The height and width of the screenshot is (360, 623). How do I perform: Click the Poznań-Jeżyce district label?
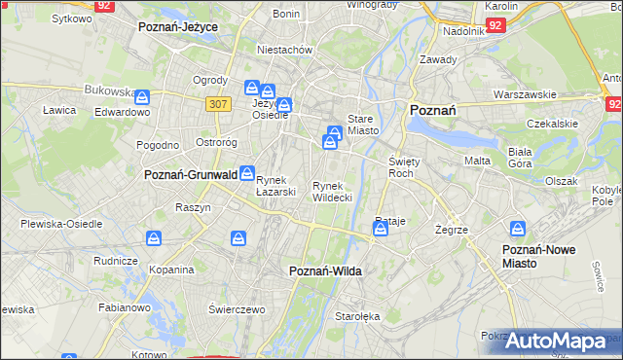[178, 27]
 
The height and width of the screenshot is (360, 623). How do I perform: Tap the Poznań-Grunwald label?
[191, 175]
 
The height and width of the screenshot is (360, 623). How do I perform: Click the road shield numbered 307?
[217, 103]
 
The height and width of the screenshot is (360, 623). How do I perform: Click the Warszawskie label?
[525, 94]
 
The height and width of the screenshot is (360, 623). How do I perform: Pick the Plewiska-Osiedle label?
[61, 223]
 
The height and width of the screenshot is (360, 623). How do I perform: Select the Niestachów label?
[283, 49]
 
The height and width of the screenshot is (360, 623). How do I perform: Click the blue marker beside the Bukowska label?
[143, 97]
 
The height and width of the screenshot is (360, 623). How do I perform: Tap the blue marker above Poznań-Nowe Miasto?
[519, 230]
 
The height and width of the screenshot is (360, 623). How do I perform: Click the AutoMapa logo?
[556, 342]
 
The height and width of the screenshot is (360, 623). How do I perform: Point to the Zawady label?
[438, 59]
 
